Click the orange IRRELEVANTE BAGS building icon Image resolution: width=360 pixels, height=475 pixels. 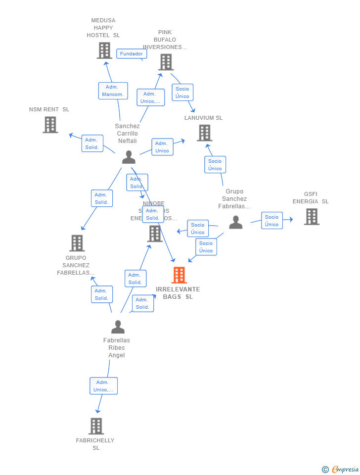(179, 275)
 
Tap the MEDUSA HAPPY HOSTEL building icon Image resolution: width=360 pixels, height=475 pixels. (104, 50)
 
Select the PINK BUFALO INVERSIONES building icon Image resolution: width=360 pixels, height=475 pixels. (166, 62)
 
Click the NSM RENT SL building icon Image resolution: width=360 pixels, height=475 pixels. (50, 125)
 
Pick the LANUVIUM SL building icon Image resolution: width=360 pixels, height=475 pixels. (204, 133)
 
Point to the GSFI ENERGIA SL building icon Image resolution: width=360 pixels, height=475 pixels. (311, 217)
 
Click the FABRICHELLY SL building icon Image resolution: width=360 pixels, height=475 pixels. (96, 426)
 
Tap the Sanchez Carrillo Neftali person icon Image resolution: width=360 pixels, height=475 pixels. (129, 157)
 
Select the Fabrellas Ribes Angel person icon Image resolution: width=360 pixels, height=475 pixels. (118, 327)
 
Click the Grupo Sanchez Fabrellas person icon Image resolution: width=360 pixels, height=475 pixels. (236, 223)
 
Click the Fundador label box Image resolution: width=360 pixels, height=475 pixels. (132, 54)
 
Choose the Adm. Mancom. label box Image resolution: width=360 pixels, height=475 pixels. (113, 91)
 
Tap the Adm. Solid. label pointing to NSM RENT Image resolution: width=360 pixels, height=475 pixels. (92, 143)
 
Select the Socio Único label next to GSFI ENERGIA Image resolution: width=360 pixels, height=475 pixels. (271, 221)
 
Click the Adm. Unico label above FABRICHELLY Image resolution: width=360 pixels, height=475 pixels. (103, 386)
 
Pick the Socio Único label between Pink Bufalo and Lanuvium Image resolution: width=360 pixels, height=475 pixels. (182, 93)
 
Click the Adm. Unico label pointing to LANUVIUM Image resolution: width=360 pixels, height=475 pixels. (162, 147)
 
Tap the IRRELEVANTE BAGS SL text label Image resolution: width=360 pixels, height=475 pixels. (178, 293)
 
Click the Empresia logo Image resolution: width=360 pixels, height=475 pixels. (341, 469)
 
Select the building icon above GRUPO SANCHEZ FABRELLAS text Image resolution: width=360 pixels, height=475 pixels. (77, 243)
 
